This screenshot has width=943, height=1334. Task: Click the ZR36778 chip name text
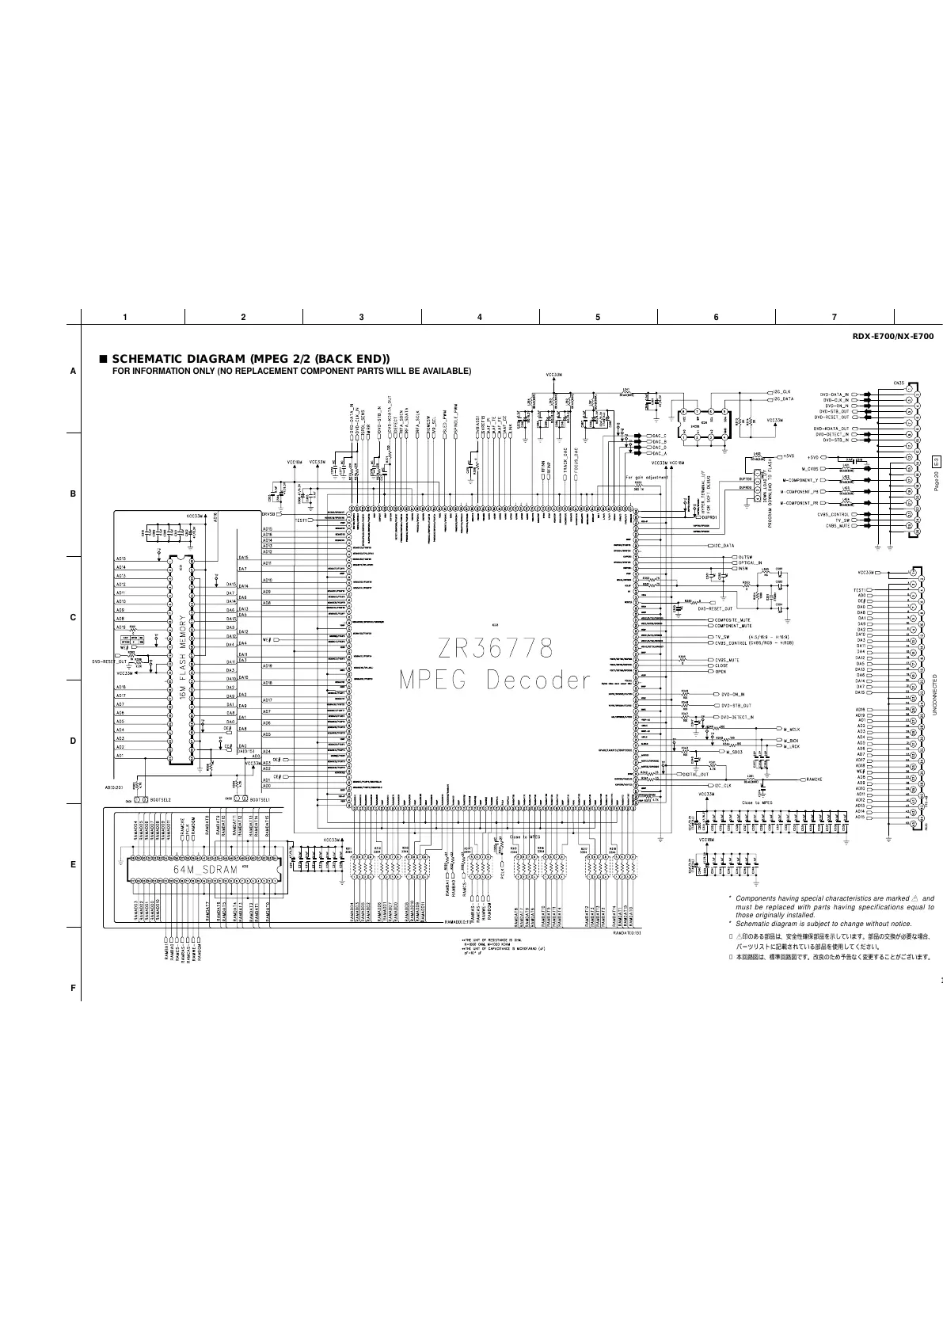(494, 649)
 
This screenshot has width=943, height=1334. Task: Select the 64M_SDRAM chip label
(206, 870)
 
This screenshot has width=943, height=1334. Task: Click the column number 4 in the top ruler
(480, 317)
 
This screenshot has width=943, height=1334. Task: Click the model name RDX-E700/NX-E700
(892, 337)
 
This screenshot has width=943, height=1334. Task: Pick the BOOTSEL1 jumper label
(260, 800)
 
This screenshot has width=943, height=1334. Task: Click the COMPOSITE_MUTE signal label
(732, 619)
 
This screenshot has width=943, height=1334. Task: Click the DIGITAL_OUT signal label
(695, 774)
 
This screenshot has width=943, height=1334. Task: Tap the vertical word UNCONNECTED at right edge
(935, 695)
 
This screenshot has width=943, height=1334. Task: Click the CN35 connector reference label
(900, 383)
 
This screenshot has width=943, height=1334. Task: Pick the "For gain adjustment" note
(646, 478)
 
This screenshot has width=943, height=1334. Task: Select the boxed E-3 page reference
(935, 461)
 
